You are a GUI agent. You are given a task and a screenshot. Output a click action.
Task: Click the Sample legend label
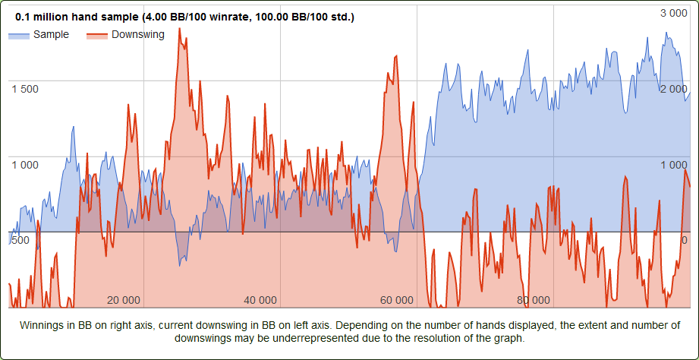tap(51, 34)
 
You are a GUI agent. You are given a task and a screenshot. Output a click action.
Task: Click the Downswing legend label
tap(137, 34)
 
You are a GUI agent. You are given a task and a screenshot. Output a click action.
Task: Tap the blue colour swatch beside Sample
tap(19, 35)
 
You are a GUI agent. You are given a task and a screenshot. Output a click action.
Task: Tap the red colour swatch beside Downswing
tap(96, 35)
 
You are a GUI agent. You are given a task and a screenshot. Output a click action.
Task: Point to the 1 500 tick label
tap(25, 89)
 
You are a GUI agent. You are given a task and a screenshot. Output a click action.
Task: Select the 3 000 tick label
tap(673, 13)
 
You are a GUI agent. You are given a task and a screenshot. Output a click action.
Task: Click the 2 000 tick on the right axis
tap(673, 89)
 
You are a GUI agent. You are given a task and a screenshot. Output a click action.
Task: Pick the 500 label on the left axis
tap(20, 241)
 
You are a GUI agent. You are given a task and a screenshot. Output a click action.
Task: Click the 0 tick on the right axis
tap(685, 241)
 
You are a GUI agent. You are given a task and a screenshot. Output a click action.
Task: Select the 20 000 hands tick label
tap(124, 300)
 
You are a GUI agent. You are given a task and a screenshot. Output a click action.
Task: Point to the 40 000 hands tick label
tap(261, 300)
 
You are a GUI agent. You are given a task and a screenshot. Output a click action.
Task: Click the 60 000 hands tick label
tap(397, 300)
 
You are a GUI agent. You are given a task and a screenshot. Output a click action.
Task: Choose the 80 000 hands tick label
tap(533, 300)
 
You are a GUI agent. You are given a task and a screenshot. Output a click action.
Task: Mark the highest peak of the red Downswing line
tap(179, 29)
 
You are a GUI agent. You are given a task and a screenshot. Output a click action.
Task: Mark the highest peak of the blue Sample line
tap(666, 33)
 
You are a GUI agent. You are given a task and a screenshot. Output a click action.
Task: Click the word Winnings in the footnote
tap(43, 325)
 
